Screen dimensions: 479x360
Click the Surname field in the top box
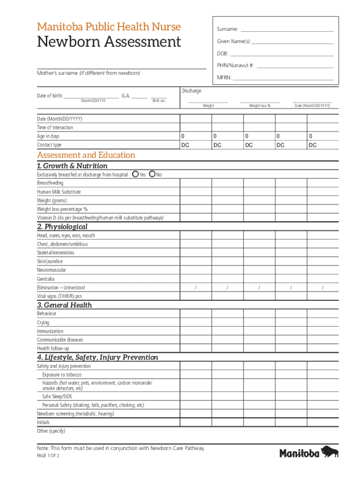(287, 29)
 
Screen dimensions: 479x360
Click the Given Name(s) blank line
(293, 41)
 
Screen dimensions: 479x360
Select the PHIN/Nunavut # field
(295, 65)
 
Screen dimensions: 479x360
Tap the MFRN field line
(283, 78)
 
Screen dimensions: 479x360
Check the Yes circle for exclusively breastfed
(135, 174)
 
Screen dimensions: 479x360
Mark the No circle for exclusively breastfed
(152, 174)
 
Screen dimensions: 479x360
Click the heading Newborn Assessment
(109, 42)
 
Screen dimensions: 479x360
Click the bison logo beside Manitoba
(330, 452)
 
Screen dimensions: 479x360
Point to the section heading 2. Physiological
(62, 227)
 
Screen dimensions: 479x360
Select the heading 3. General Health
(65, 305)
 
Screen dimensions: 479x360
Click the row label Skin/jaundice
(50, 261)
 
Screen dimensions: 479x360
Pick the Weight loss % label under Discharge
(259, 106)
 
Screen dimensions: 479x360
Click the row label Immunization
(50, 331)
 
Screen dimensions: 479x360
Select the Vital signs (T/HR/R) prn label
(59, 296)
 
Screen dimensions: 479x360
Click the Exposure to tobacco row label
(62, 375)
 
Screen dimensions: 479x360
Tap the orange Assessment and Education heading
(86, 155)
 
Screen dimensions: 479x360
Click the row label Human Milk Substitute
(59, 192)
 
